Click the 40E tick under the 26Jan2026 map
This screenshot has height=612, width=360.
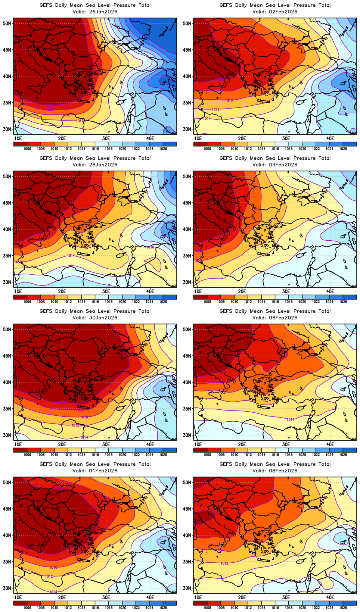point(150,138)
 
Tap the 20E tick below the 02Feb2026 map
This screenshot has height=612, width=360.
point(242,138)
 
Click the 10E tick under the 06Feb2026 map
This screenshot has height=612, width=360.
point(198,444)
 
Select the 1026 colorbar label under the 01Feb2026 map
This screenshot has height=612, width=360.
point(163,608)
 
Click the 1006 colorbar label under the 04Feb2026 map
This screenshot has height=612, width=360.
point(207,302)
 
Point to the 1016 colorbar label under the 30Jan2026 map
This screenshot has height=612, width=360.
point(95,455)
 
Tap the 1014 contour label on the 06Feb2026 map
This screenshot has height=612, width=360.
point(291,419)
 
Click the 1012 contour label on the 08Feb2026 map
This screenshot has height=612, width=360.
point(224,563)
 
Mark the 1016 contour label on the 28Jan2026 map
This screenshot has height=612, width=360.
point(150,247)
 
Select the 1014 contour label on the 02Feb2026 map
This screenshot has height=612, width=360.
point(207,119)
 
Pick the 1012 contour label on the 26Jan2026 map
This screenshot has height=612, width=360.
point(80,121)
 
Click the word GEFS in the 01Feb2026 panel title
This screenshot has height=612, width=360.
point(46,464)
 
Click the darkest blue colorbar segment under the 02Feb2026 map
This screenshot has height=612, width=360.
point(350,144)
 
